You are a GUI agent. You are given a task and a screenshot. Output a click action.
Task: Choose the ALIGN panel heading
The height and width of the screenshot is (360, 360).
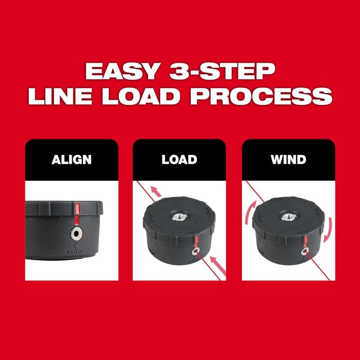pos(72,160)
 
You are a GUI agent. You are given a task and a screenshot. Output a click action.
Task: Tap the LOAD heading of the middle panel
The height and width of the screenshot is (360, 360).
pos(180,160)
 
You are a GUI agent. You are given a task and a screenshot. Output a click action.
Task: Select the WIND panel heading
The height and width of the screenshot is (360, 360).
pos(289,160)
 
